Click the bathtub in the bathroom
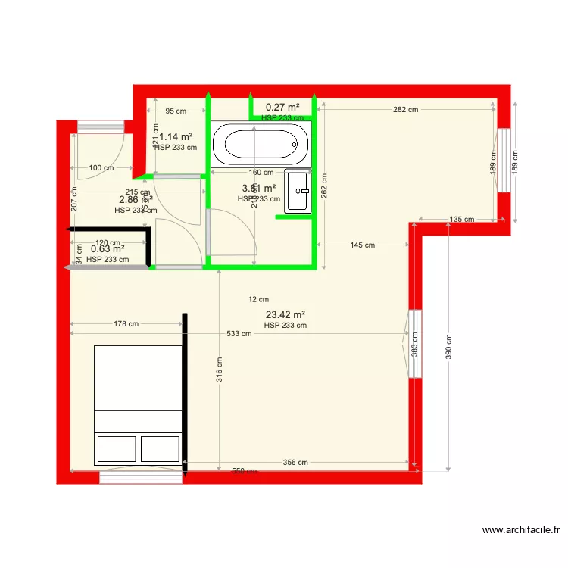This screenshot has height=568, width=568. click(261, 144)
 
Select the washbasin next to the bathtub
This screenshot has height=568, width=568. click(298, 191)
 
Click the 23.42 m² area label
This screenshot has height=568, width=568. click(286, 314)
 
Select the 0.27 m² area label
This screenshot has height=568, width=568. click(282, 108)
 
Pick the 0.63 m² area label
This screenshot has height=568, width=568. click(108, 248)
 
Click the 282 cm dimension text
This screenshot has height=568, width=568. click(406, 110)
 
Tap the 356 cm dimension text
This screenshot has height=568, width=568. click(295, 462)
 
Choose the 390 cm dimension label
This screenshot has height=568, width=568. click(448, 348)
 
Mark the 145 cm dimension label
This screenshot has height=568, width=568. click(362, 245)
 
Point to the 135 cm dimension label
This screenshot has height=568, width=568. click(461, 220)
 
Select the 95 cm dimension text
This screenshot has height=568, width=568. click(175, 111)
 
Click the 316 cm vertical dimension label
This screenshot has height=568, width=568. click(219, 371)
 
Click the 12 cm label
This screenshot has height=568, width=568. click(258, 299)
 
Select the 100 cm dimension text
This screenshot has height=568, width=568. click(101, 167)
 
